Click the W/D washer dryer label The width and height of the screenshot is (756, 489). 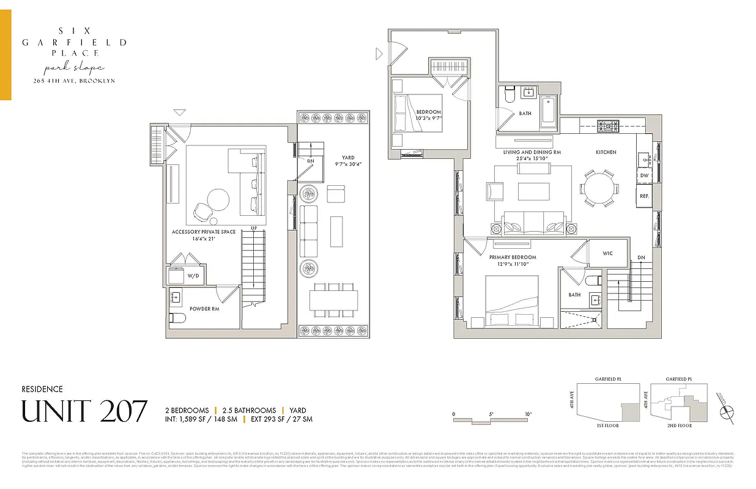click(193, 276)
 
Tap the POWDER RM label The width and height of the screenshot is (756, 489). click(204, 309)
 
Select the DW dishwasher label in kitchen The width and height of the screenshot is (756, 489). click(644, 175)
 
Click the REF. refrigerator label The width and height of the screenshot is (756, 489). click(644, 196)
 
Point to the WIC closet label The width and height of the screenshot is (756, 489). click(607, 253)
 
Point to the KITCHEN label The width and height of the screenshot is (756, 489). click(606, 152)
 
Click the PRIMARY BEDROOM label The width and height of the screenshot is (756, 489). click(513, 257)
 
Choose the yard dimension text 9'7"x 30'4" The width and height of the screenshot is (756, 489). click(349, 164)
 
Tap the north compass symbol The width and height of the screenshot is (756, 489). click(727, 411)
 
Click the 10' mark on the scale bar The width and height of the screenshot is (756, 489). click(527, 414)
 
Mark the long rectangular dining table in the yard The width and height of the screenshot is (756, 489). click(333, 300)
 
